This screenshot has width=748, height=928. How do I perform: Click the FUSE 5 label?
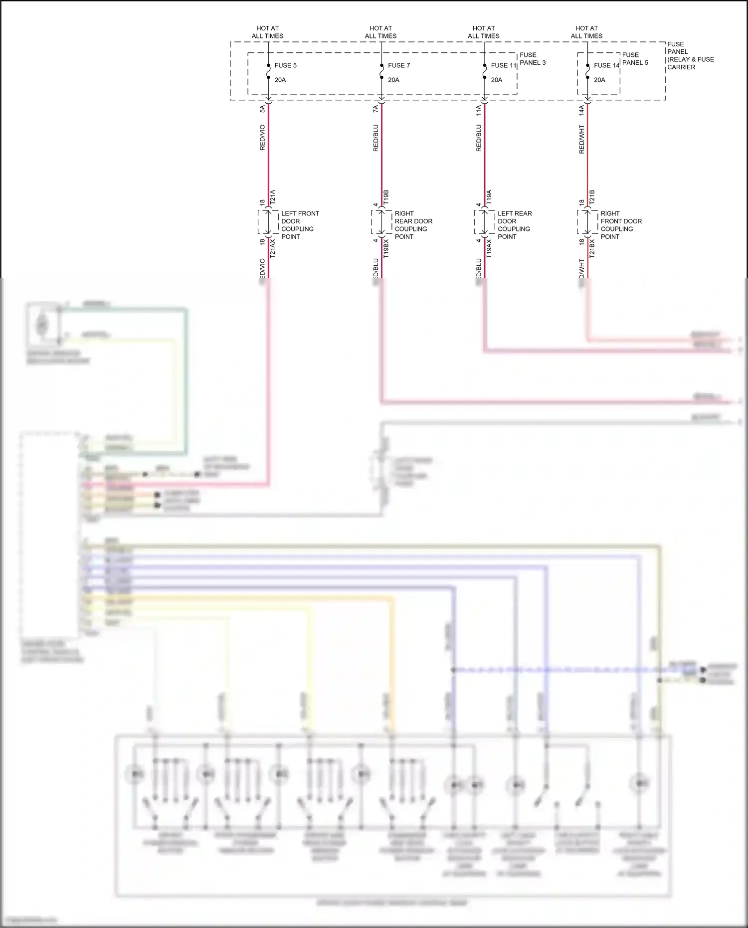(285, 65)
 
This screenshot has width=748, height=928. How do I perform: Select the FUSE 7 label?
(399, 65)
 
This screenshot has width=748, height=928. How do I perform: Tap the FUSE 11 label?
(503, 65)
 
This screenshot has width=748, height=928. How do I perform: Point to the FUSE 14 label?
(606, 65)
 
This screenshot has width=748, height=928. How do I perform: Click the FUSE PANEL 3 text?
(533, 59)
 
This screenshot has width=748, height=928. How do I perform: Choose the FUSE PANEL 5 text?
(635, 59)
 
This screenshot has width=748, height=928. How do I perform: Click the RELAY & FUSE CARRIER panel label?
(691, 55)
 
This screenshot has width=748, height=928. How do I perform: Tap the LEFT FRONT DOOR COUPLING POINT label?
(300, 225)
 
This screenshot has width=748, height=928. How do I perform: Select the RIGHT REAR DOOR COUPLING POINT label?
(413, 225)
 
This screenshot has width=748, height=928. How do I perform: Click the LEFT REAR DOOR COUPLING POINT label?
(515, 225)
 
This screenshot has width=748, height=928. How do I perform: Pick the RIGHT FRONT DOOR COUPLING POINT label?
(621, 225)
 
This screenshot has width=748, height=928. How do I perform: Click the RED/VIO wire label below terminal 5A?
(262, 137)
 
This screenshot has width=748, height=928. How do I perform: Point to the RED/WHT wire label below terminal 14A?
(581, 139)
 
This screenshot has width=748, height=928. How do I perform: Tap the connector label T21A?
(272, 196)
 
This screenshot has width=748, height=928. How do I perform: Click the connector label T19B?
(386, 196)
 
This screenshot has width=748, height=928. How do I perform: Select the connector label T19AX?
(489, 248)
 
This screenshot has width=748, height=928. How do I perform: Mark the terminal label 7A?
(375, 108)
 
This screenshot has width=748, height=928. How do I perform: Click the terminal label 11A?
(478, 110)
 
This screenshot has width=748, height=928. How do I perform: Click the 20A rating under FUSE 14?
(599, 80)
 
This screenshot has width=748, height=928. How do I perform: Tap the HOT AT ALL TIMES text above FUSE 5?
(267, 32)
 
